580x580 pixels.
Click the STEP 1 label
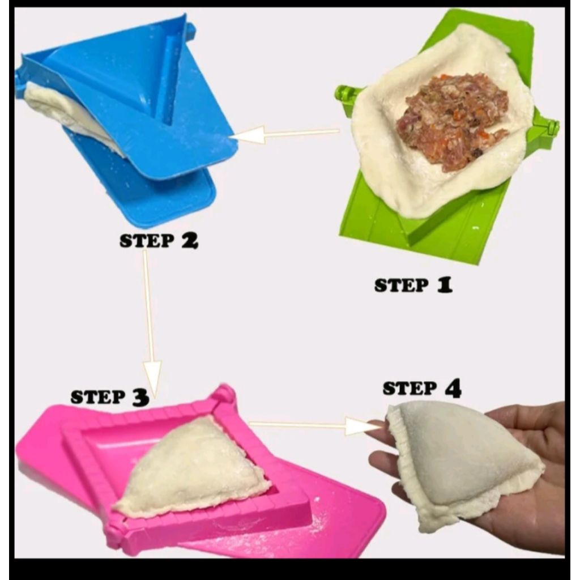(413, 285)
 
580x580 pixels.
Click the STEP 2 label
(159, 241)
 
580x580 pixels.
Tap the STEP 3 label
(109, 397)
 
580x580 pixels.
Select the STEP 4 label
(421, 389)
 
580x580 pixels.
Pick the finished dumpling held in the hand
(464, 459)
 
